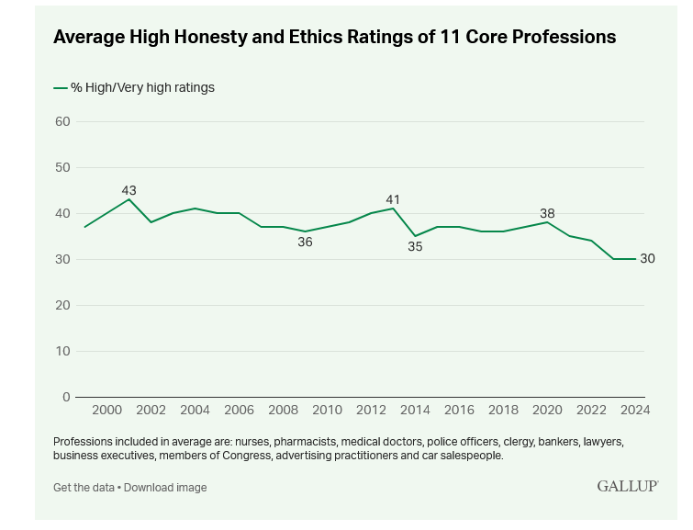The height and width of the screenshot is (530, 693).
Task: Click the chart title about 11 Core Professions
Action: (334, 38)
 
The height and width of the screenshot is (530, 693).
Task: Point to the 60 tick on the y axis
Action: (62, 121)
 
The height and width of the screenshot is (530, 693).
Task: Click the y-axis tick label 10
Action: (62, 351)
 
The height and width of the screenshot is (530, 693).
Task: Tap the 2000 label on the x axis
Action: (106, 410)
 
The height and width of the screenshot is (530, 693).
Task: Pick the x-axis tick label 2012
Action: (371, 410)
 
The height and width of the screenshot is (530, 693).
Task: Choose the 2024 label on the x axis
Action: (635, 410)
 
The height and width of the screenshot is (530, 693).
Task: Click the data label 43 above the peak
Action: (129, 191)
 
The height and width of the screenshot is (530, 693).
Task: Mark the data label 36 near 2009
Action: (305, 242)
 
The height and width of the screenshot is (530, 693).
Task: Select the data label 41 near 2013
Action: (393, 199)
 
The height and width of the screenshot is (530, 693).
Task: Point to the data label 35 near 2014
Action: (415, 247)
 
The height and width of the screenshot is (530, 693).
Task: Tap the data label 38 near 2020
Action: (547, 213)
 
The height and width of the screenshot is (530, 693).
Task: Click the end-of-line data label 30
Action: (647, 259)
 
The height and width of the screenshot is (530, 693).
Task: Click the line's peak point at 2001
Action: (129, 199)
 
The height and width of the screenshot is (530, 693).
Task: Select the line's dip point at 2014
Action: (415, 236)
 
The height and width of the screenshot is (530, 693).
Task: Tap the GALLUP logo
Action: (627, 486)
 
